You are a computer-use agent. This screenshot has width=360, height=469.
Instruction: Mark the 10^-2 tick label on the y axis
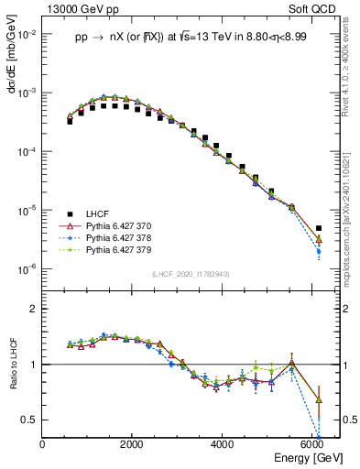pyautogui.click(x=27, y=35)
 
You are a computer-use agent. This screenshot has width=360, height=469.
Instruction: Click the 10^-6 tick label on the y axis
pyautogui.click(x=27, y=269)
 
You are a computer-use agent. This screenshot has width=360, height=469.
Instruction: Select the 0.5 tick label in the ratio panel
pyautogui.click(x=29, y=420)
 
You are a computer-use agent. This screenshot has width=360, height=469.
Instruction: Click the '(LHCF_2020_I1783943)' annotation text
pyautogui.click(x=191, y=273)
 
